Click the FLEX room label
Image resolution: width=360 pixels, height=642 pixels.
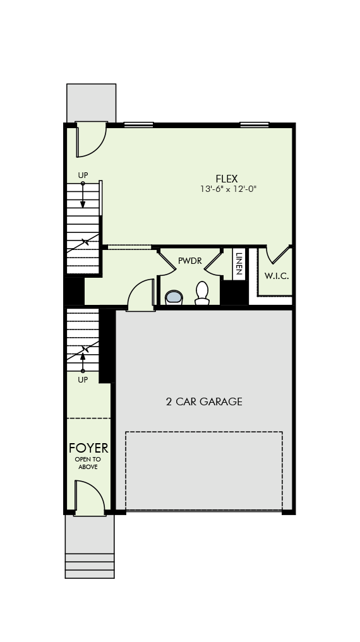(x=227, y=179)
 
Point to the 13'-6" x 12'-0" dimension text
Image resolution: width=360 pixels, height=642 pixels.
(x=228, y=189)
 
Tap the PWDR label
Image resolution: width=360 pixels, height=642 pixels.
(x=190, y=261)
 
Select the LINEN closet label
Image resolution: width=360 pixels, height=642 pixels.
(x=239, y=263)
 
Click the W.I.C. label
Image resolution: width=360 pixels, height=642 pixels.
(x=277, y=276)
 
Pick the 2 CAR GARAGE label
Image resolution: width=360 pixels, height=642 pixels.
(x=204, y=401)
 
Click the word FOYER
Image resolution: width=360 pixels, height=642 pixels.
(x=88, y=448)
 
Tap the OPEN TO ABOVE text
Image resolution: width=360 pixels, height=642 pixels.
(x=88, y=463)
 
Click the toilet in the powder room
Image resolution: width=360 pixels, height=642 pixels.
(x=202, y=293)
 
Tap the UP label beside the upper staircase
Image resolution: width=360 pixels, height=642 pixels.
(x=83, y=175)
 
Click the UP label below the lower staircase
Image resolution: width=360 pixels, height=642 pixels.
(x=83, y=380)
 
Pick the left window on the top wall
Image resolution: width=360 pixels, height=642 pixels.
(x=138, y=124)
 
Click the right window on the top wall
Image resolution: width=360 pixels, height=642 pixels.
(x=255, y=124)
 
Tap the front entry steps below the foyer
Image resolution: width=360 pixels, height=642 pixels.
(x=90, y=566)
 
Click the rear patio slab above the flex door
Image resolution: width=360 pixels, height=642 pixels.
(x=92, y=103)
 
